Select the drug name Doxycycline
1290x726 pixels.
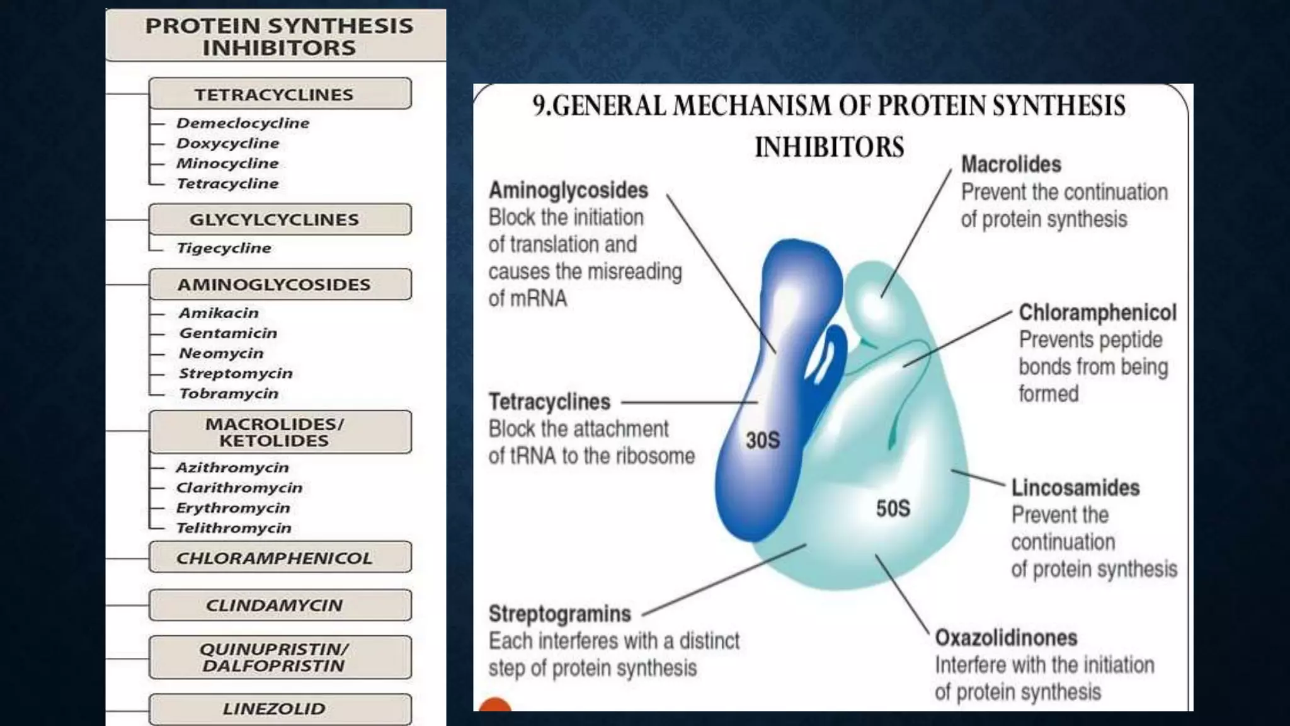click(x=227, y=143)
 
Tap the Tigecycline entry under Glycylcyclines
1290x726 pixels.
click(x=224, y=248)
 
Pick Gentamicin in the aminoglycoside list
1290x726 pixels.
click(x=228, y=333)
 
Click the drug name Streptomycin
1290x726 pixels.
click(x=236, y=373)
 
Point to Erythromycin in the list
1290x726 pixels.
click(x=233, y=508)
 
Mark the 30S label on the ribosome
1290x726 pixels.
click(x=763, y=440)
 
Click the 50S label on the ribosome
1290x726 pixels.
click(x=893, y=508)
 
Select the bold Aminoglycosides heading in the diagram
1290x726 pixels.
click(x=568, y=190)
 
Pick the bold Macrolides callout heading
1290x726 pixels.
click(x=1011, y=164)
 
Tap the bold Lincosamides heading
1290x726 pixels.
click(x=1075, y=488)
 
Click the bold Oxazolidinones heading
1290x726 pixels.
click(x=1006, y=638)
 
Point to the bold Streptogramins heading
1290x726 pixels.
click(x=560, y=614)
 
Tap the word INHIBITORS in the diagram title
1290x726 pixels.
click(x=829, y=147)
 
